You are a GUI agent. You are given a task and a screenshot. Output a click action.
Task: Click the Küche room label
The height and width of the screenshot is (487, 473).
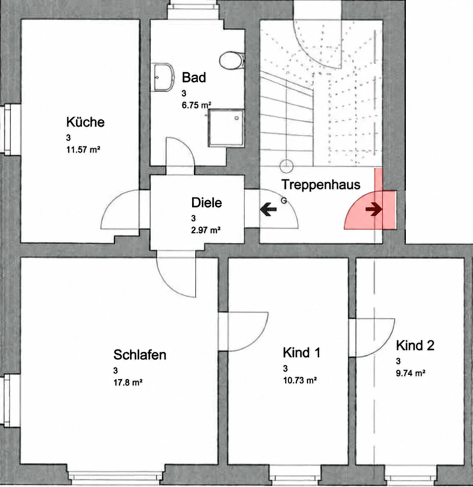point(85,122)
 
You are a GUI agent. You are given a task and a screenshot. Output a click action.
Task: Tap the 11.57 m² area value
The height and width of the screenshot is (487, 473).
point(83,150)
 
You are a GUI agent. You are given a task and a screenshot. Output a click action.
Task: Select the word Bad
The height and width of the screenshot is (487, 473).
point(194,77)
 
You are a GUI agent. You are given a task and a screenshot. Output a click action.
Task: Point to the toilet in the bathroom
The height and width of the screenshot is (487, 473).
point(232,60)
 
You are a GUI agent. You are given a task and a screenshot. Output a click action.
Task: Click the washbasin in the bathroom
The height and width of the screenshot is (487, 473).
point(164,77)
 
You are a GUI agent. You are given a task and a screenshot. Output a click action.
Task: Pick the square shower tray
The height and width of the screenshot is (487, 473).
point(226,128)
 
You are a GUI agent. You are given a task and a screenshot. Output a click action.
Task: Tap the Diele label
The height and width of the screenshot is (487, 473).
point(206,203)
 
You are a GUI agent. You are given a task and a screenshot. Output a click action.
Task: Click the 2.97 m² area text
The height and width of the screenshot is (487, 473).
point(206,230)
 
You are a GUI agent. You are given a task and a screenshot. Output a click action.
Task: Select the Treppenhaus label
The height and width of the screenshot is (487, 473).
point(321,185)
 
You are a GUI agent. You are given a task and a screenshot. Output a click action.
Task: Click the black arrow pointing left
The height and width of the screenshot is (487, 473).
point(268,209)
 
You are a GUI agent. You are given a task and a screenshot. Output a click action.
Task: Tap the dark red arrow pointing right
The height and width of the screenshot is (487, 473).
point(374,209)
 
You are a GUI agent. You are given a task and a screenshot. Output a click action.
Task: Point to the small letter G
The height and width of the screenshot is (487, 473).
point(284,201)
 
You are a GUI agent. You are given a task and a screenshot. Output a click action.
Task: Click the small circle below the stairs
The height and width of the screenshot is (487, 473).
point(286,166)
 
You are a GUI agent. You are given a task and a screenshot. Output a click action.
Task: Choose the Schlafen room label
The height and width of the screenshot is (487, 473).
point(140,355)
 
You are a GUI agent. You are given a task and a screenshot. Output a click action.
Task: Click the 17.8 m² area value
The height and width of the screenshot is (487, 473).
point(128,382)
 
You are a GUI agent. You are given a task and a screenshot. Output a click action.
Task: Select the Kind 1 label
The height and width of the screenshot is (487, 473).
point(302,353)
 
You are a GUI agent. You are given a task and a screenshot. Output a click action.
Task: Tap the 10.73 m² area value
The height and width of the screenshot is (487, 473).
point(300,381)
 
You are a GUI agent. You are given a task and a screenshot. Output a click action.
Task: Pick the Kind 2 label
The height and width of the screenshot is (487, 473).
point(415,345)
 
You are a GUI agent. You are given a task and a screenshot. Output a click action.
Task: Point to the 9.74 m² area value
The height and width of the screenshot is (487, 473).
point(411,373)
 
